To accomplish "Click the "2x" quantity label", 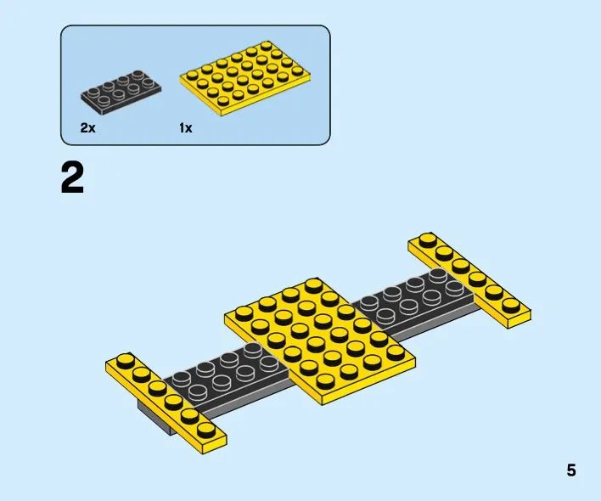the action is pyautogui.click(x=87, y=127).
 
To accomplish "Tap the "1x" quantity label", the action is pyautogui.click(x=186, y=127).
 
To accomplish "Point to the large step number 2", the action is pyautogui.click(x=72, y=177).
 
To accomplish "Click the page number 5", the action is pyautogui.click(x=571, y=470).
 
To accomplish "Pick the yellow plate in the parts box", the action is pyautogui.click(x=245, y=79).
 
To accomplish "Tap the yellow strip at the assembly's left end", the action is pyautogui.click(x=166, y=403).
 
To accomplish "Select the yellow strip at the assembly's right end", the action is pyautogui.click(x=469, y=280).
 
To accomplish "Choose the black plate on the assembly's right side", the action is pyautogui.click(x=416, y=303).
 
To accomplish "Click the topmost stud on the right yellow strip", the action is pyautogui.click(x=428, y=240).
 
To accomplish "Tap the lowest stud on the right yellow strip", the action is pyautogui.click(x=509, y=305).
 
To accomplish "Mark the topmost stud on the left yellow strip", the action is pyautogui.click(x=126, y=361).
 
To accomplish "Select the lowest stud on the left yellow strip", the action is pyautogui.click(x=206, y=429).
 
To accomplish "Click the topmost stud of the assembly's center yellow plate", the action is pyautogui.click(x=314, y=286).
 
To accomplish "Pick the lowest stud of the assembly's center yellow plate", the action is pyautogui.click(x=326, y=381).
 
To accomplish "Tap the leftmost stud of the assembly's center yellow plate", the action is pyautogui.click(x=244, y=313).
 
